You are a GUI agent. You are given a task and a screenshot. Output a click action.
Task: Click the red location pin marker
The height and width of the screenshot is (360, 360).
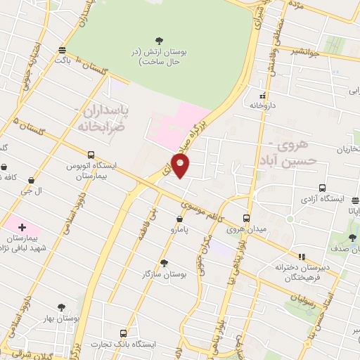pyautogui.click(x=182, y=166)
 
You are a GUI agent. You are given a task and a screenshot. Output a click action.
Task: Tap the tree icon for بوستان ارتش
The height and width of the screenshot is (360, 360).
pyautogui.click(x=163, y=41)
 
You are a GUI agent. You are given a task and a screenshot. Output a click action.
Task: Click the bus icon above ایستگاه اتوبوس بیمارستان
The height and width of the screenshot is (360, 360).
pyautogui.click(x=91, y=155)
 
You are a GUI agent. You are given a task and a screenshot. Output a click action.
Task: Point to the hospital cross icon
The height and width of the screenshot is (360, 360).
pyautogui.click(x=22, y=227)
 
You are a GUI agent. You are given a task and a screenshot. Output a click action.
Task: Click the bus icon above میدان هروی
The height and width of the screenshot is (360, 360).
pyautogui.click(x=246, y=218)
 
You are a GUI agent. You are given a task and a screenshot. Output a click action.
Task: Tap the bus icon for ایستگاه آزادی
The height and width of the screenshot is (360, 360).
pyautogui.click(x=322, y=188)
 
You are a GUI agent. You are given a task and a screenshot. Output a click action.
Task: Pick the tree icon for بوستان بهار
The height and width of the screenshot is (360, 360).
pyautogui.click(x=61, y=307)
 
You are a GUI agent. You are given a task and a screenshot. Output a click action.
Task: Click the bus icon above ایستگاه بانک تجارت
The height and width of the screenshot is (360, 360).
pyautogui.click(x=124, y=333)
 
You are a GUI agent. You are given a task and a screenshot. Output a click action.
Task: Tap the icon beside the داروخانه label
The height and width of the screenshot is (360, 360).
pyautogui.click(x=263, y=95)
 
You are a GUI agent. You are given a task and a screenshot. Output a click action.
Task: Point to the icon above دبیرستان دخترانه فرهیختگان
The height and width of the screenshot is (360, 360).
pyautogui.click(x=302, y=257)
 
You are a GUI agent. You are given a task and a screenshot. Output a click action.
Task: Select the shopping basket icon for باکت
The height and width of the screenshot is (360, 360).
pyautogui.click(x=63, y=51)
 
